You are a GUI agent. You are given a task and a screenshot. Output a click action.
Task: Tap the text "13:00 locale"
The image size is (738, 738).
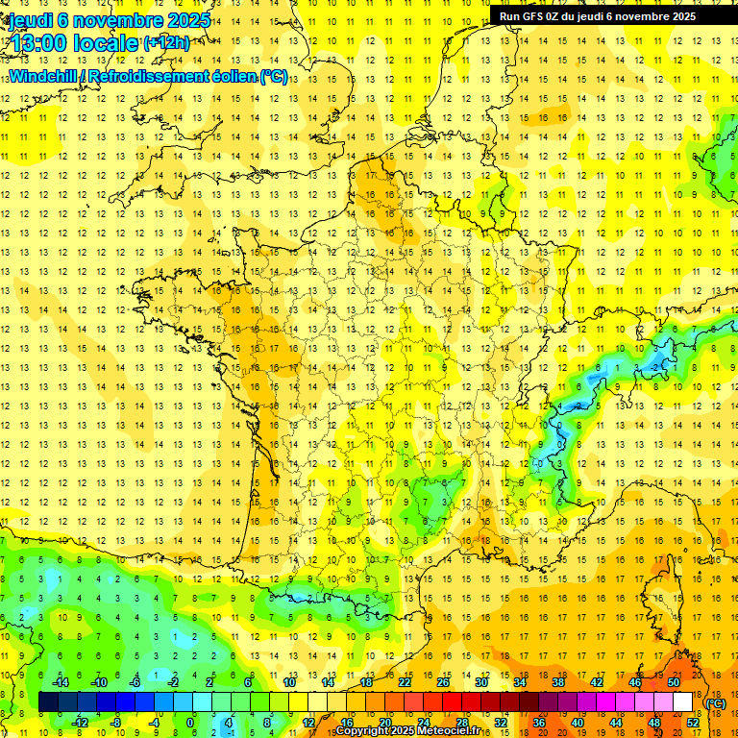click(x=73, y=42)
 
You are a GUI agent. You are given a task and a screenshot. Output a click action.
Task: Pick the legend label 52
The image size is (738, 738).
click(x=692, y=722)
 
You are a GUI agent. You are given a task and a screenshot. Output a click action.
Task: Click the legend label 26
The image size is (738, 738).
click(x=443, y=682)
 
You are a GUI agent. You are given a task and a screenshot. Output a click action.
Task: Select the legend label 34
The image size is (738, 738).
click(x=520, y=682)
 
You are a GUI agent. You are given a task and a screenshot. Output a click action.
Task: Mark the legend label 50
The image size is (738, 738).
click(x=673, y=682)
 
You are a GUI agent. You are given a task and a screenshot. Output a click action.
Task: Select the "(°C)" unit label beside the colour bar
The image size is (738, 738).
click(x=715, y=703)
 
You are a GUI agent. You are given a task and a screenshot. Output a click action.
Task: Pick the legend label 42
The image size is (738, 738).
click(x=596, y=682)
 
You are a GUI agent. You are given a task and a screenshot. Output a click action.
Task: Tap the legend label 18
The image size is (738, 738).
click(x=366, y=682)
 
